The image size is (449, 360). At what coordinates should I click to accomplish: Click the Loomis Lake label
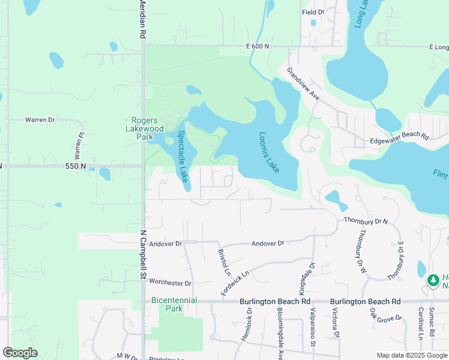click(x=270, y=152)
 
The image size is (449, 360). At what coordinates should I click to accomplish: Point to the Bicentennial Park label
click(x=166, y=304)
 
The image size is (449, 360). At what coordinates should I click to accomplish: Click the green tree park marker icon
click(x=433, y=280)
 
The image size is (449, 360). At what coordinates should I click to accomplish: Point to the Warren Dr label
click(x=40, y=120)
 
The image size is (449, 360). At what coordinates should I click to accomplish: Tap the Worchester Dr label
click(x=170, y=282)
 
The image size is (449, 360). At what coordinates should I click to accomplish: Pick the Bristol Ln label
click(x=224, y=262)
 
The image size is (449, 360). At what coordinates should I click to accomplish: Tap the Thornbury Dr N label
click(x=367, y=221)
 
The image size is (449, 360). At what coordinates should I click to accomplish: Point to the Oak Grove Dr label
click(x=385, y=318)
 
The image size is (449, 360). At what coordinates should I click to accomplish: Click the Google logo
click(x=20, y=353)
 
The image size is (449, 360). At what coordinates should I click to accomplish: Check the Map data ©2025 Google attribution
click(x=411, y=355)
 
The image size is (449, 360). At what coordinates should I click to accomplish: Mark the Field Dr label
click(x=313, y=12)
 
